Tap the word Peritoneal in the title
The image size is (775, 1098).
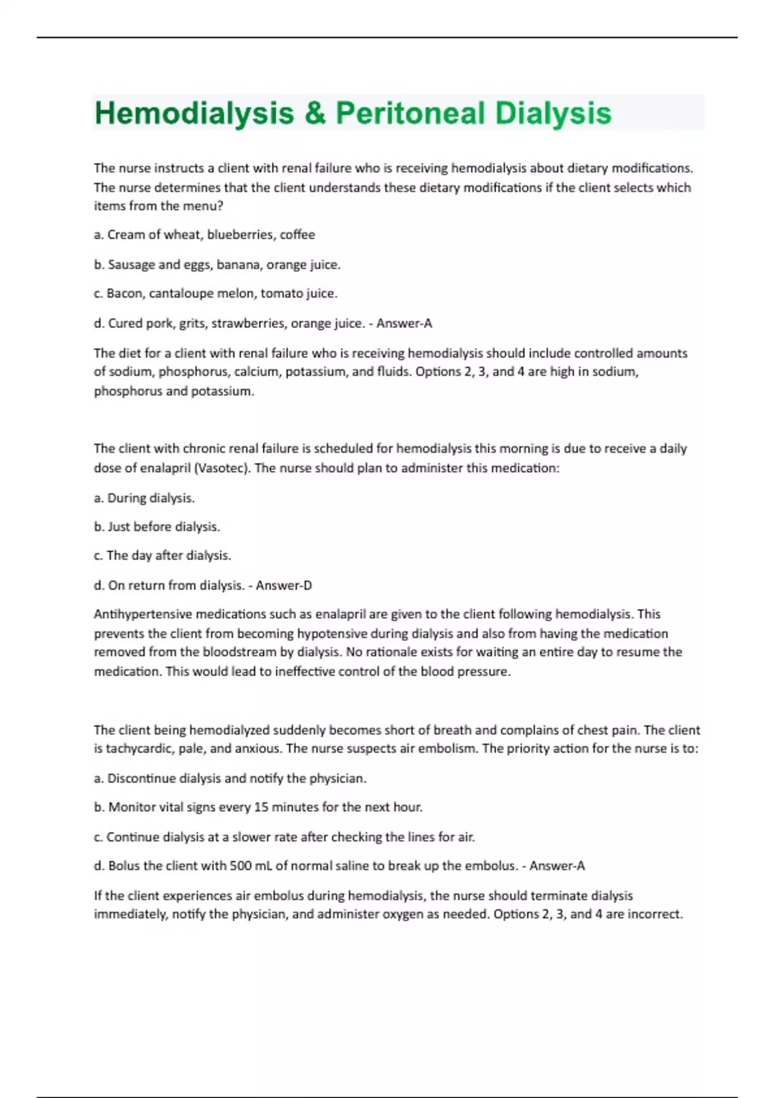tap(409, 113)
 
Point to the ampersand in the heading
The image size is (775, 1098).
tap(315, 113)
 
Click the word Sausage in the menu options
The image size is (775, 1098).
tap(130, 264)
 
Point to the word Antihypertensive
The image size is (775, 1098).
tap(143, 614)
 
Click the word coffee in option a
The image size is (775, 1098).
tap(297, 234)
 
